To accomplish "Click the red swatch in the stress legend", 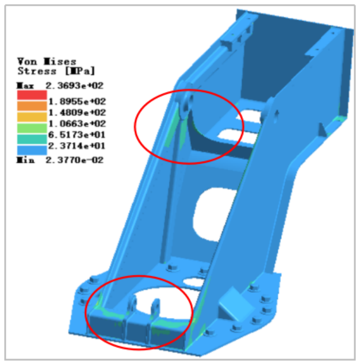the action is (32, 95).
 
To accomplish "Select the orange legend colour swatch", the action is (32, 106).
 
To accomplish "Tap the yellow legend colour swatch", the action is (32, 117).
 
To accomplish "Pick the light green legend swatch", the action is (32, 128).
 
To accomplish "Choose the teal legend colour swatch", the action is (32, 139).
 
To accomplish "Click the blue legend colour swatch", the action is (32, 150).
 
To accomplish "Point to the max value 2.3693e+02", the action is (75, 86).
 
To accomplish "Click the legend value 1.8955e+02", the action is (77, 101).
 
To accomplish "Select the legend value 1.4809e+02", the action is (77, 113).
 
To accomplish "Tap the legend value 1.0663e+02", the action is (77, 124).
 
